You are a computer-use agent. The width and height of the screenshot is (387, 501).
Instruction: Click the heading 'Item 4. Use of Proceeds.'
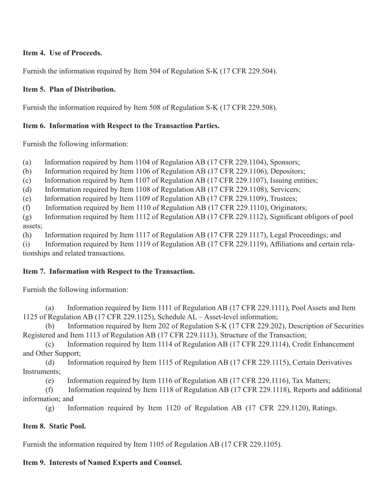point(62,53)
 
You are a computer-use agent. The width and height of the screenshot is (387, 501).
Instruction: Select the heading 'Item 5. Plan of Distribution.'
point(69,89)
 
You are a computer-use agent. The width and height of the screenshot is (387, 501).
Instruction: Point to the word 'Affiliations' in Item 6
point(288,244)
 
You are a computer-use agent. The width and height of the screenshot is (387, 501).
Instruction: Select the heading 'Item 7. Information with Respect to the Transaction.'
point(109,271)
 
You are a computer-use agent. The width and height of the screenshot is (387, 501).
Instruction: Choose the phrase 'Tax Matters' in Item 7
point(312,381)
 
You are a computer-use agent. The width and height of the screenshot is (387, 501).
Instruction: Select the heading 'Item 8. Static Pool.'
point(54,426)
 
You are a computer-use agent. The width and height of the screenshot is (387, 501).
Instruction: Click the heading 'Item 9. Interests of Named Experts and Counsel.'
point(102,463)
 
